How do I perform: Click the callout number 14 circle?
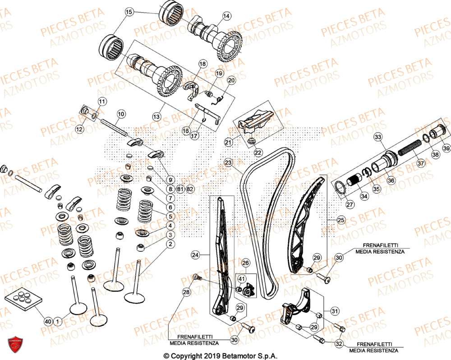point(226,16)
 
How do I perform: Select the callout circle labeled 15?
point(129,13)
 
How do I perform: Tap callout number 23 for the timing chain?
point(228,162)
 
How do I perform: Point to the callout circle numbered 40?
point(48,321)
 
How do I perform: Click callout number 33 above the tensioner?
point(378,137)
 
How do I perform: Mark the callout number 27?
point(350,204)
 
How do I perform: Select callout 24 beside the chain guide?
point(195,255)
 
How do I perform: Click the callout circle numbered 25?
point(341,221)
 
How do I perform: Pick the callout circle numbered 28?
point(186,293)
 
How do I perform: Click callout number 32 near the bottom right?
point(340,344)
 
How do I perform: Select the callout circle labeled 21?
point(228,143)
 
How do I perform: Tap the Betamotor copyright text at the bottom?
point(221,355)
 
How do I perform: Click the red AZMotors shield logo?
point(16,345)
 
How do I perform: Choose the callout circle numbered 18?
point(202,64)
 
